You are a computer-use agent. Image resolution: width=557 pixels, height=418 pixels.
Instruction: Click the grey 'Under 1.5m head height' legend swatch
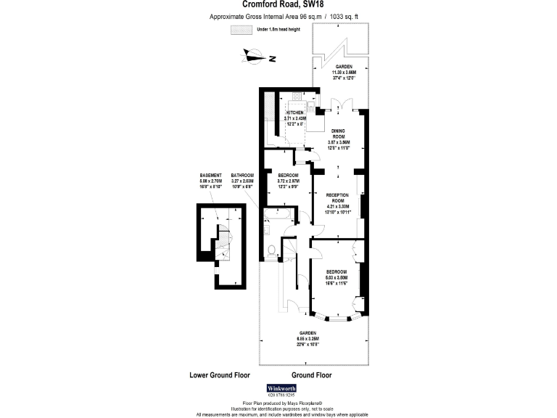tap(240, 30)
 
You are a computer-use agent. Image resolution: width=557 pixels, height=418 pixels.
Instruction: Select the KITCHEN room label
tap(294, 114)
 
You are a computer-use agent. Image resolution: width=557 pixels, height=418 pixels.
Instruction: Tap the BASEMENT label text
tap(210, 176)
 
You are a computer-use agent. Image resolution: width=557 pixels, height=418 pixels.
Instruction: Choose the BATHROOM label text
tap(242, 176)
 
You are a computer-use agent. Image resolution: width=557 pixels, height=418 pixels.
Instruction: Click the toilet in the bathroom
tap(270, 252)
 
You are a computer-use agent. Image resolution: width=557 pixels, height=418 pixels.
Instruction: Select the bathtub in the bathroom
tap(278, 214)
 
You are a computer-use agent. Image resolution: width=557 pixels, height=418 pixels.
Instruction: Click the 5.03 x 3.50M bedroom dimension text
tap(337, 277)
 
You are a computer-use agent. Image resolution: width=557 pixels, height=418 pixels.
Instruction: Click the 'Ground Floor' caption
tap(311, 375)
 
